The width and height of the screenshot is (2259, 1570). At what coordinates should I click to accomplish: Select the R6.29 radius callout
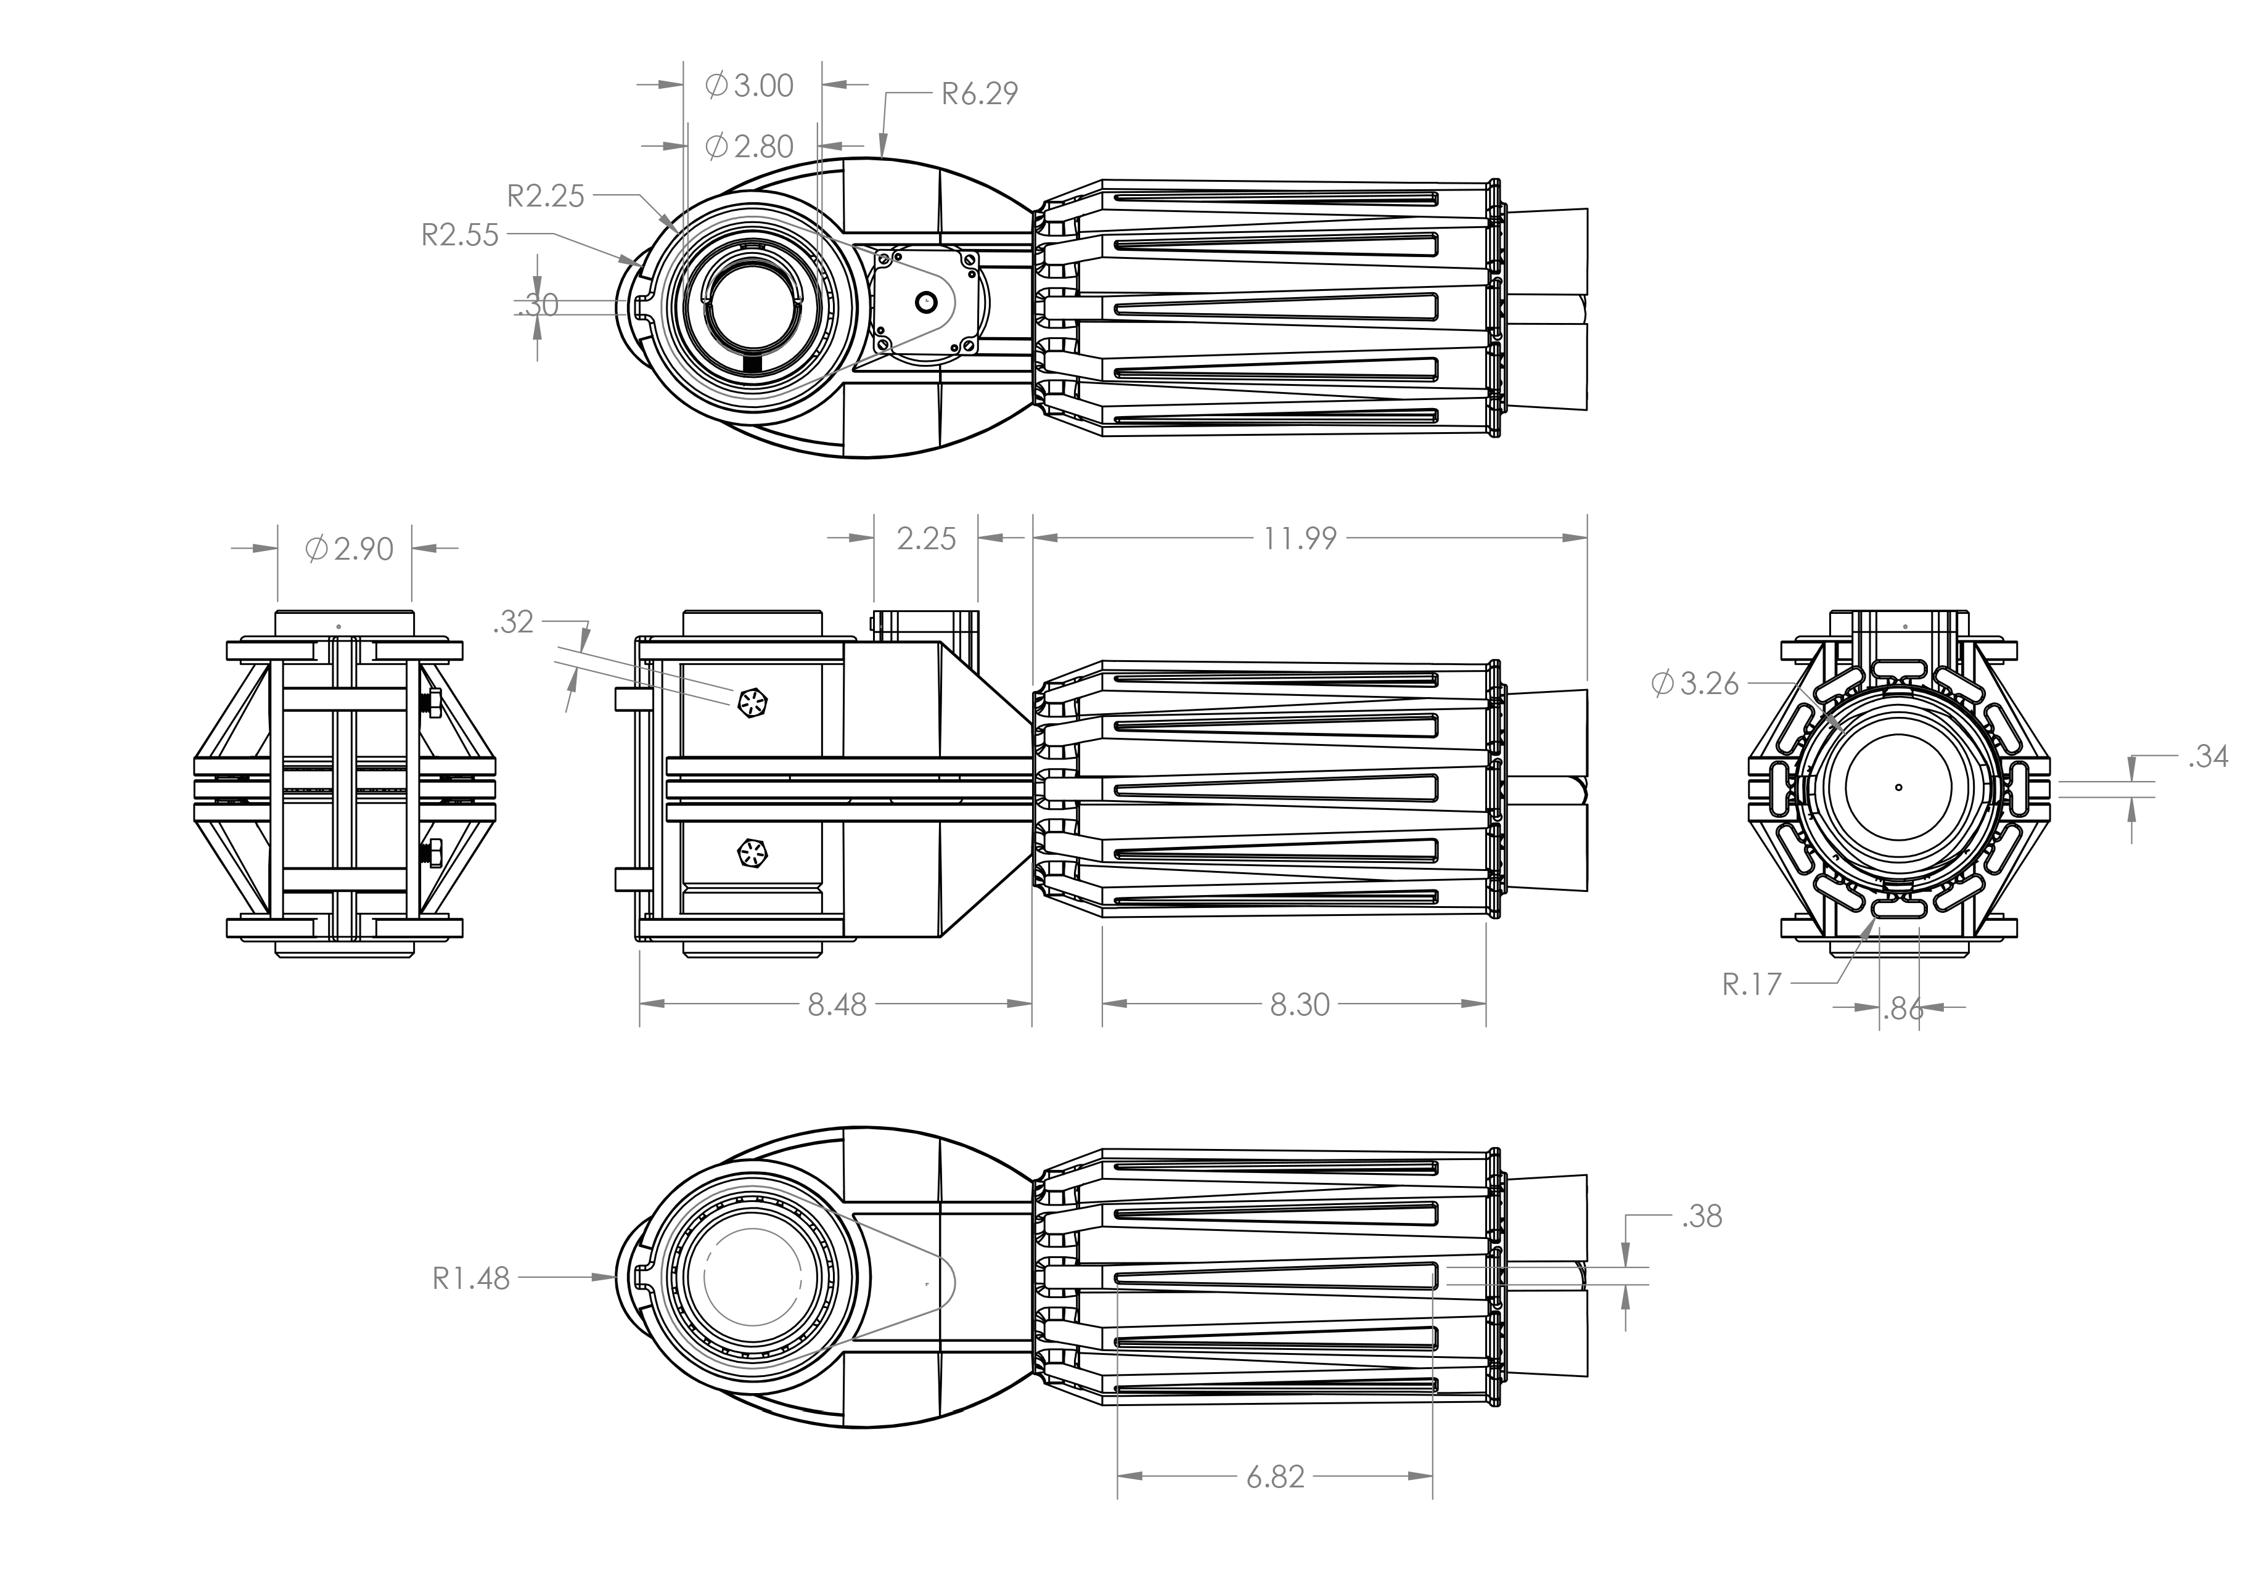tap(979, 94)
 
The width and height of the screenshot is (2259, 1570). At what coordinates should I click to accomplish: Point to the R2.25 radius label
tap(546, 196)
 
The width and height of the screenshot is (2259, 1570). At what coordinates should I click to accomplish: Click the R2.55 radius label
tap(461, 235)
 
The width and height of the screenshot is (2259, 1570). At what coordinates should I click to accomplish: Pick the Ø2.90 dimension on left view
tap(350, 549)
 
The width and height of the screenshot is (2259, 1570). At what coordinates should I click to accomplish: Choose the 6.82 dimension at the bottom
tap(1275, 1478)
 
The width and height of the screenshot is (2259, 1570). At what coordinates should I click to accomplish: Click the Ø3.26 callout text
tap(1695, 683)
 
